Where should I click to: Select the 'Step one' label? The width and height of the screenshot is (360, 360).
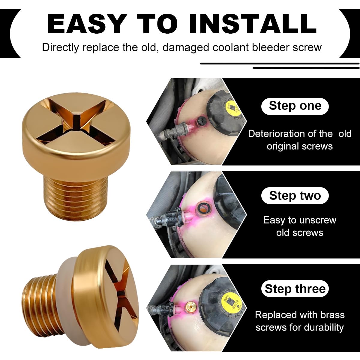pyautogui.click(x=295, y=106)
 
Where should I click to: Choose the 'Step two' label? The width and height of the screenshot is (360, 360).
pyautogui.click(x=295, y=196)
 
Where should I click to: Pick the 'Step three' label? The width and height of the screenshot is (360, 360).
pyautogui.click(x=295, y=289)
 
